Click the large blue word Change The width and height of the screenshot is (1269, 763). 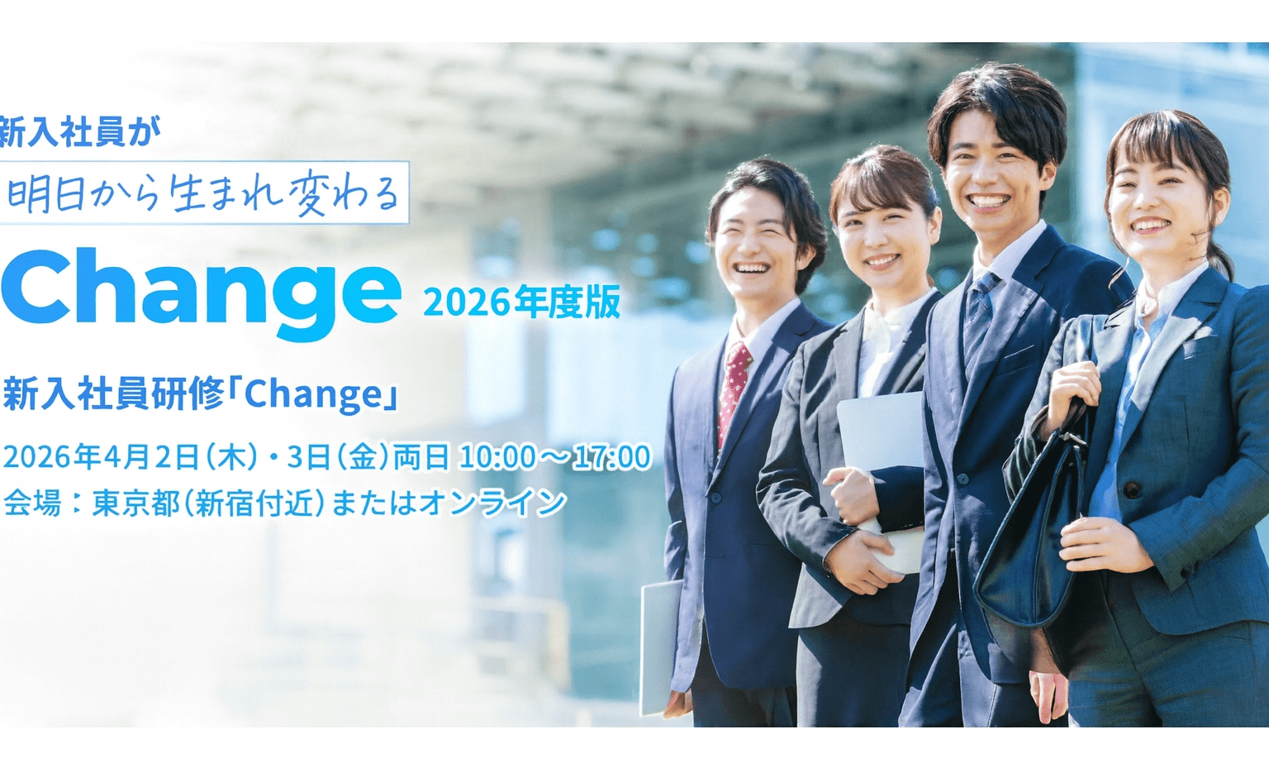pyautogui.click(x=201, y=293)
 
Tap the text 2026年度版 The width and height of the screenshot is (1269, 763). pyautogui.click(x=522, y=303)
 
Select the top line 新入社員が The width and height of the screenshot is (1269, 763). pyautogui.click(x=80, y=131)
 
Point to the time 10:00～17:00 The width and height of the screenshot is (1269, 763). pyautogui.click(x=555, y=457)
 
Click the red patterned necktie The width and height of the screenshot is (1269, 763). pyautogui.click(x=734, y=391)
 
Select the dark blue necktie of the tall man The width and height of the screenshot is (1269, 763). pyautogui.click(x=979, y=317)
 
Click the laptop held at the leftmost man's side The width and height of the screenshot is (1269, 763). pyautogui.click(x=660, y=646)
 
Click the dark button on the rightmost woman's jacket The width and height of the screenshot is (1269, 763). pyautogui.click(x=1131, y=489)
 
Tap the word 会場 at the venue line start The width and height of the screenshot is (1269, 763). pyautogui.click(x=32, y=503)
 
